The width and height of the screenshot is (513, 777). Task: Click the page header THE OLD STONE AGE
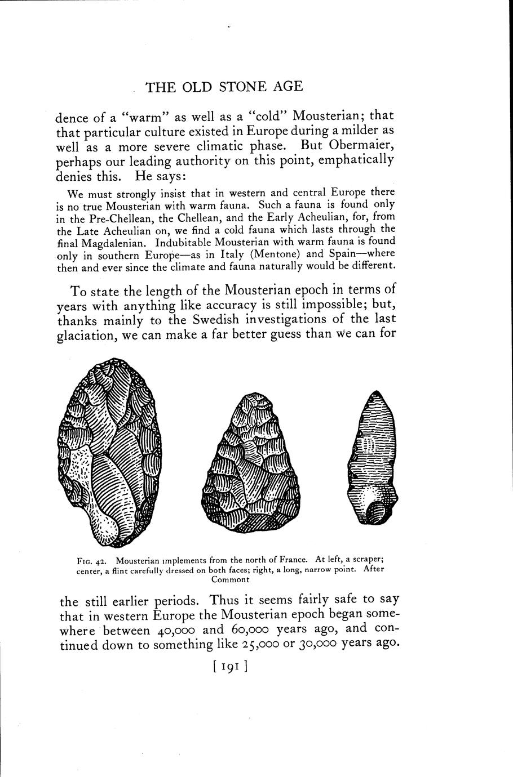click(224, 86)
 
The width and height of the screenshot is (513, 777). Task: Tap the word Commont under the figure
click(229, 579)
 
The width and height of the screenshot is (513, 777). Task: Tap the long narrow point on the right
click(372, 458)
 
